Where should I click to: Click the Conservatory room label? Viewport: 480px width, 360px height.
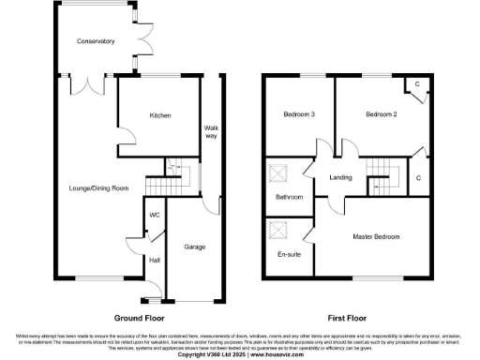coord(96,41)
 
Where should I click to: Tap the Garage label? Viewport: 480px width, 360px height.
coord(194,247)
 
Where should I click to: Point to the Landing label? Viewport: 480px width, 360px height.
coord(340,177)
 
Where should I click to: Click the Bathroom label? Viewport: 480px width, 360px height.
coord(289,198)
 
